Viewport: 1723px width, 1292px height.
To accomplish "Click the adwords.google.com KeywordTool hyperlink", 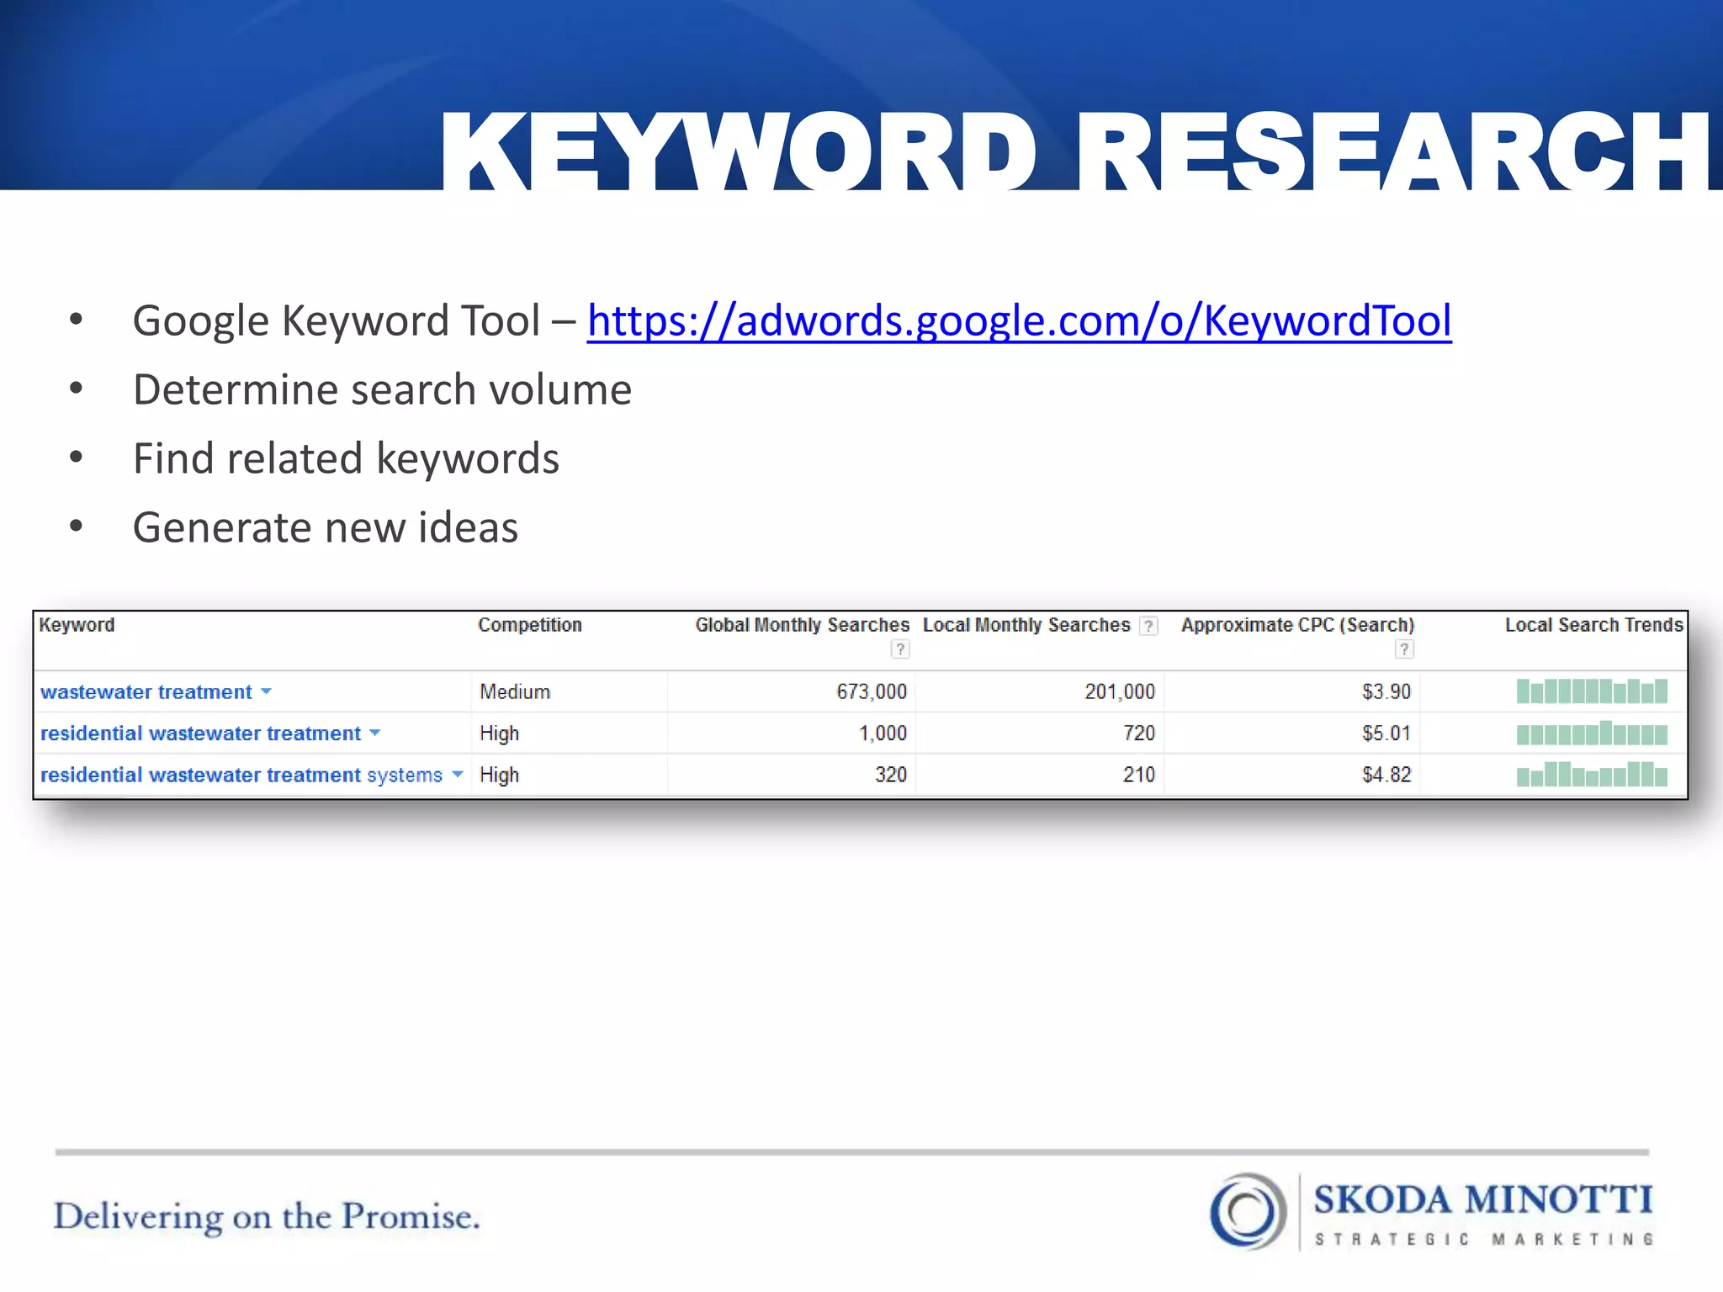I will [x=1019, y=320].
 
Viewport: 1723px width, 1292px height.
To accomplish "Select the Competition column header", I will [x=529, y=625].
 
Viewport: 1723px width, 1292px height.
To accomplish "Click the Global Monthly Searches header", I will [x=802, y=625].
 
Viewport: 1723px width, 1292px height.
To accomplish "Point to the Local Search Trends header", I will [x=1593, y=625].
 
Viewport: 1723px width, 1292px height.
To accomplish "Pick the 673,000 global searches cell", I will [x=871, y=691].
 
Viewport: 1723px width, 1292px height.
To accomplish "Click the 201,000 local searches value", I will [x=1119, y=691].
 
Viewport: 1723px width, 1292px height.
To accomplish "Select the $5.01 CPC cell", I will [x=1386, y=733].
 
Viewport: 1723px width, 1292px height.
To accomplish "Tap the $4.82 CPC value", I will [x=1386, y=775].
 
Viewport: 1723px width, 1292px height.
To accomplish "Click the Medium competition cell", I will [x=515, y=691].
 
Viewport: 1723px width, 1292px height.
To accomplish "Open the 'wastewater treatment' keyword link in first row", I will [x=146, y=691].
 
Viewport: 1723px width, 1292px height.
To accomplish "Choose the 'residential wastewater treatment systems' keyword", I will [x=241, y=775].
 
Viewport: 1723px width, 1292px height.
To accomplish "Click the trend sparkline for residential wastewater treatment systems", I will [x=1592, y=774].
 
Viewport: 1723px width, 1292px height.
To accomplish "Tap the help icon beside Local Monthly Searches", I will [x=1148, y=626].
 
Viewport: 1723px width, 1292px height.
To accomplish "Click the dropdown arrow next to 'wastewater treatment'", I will [x=266, y=691].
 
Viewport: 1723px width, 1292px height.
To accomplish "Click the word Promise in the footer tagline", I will [x=411, y=1216].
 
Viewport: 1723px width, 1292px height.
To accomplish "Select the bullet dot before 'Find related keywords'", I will [x=77, y=458].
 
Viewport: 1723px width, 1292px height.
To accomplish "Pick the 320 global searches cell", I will [x=890, y=775].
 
